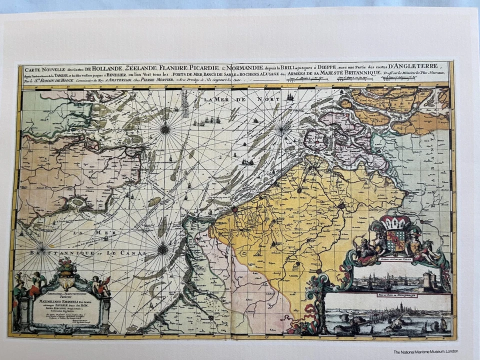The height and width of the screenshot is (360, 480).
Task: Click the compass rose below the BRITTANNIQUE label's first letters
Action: pyautogui.click(x=42, y=247)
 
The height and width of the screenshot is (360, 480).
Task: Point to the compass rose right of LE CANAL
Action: pyautogui.click(x=163, y=249)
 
